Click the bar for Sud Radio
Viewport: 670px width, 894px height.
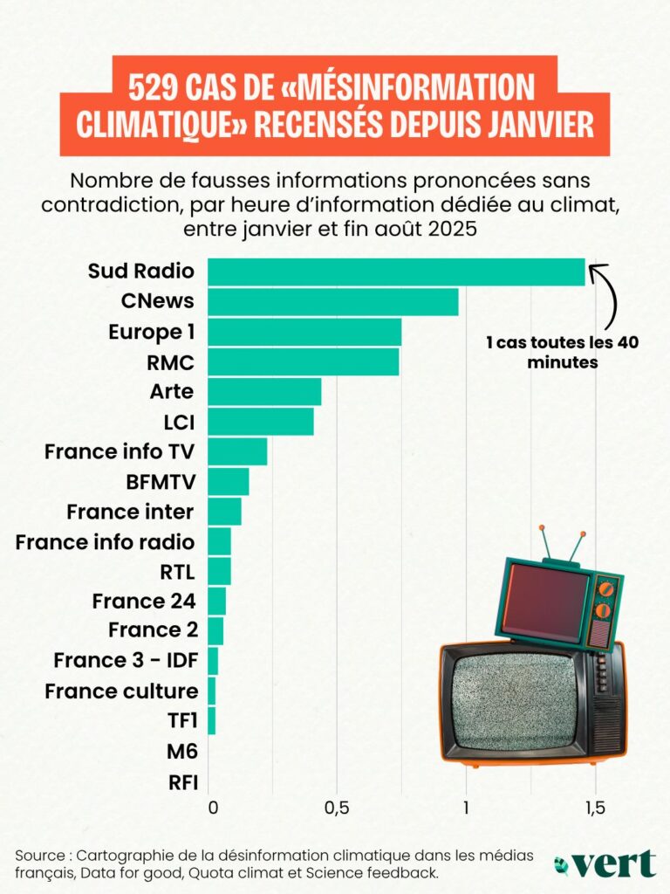(396, 272)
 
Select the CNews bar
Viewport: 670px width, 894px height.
(332, 302)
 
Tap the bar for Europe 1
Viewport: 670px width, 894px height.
(304, 332)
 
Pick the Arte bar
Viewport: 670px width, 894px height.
(264, 392)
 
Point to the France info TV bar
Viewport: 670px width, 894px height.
(237, 451)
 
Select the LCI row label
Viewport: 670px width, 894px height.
(178, 422)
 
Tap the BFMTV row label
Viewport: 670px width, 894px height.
(161, 481)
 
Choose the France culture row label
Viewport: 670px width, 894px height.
(121, 691)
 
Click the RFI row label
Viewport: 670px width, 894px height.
(181, 781)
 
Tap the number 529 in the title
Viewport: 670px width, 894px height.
(161, 88)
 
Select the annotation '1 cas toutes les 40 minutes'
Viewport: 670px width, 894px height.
(562, 352)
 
